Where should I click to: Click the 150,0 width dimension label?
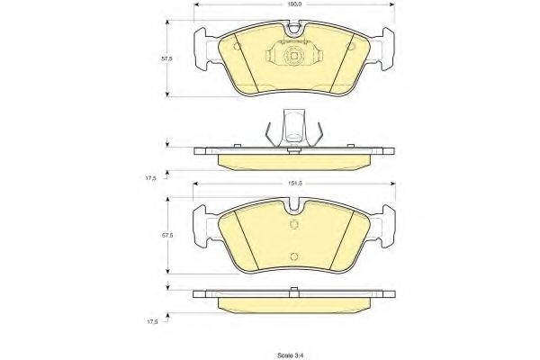293,4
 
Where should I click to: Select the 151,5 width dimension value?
295,184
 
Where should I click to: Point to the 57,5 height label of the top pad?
167,58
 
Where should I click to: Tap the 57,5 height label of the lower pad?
167,236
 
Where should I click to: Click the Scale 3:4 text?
292,355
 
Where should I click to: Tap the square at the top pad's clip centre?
293,56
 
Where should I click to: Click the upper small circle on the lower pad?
293,225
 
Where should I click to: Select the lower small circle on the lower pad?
293,256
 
